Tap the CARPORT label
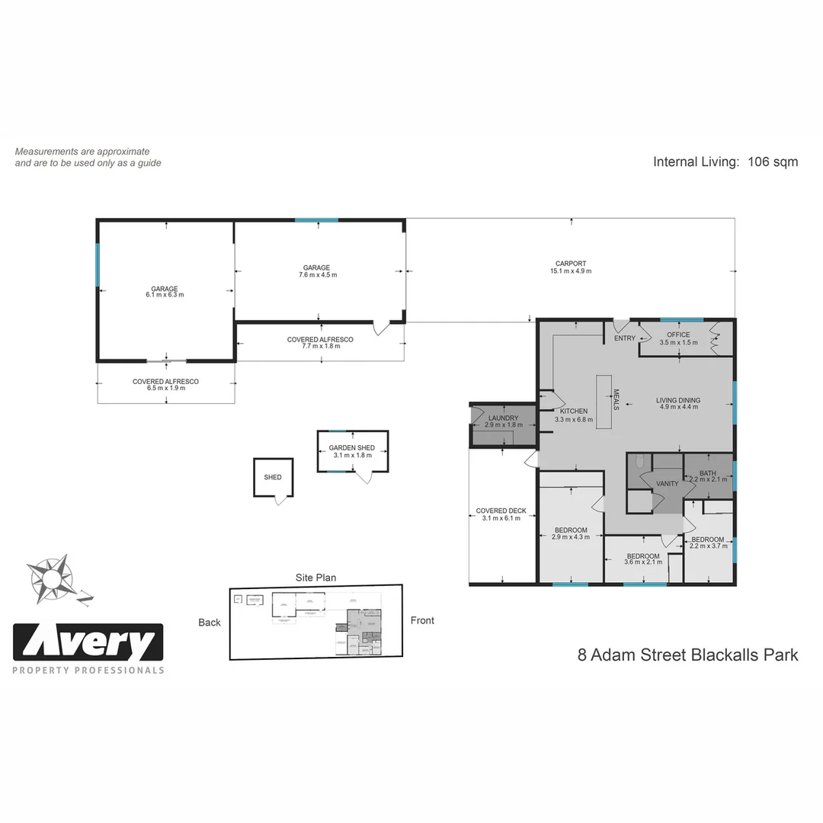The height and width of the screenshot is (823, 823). point(570,264)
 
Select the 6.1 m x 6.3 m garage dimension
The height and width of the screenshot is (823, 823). point(165,295)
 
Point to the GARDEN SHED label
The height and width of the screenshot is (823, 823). point(352,448)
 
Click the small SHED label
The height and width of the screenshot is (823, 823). point(273,478)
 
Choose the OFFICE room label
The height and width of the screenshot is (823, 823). point(678,335)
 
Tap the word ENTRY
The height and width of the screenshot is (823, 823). point(625,338)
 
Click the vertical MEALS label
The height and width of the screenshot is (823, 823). point(616,400)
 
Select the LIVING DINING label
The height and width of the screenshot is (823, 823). point(678,400)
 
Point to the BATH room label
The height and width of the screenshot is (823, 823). point(708,473)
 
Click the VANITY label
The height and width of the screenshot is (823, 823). point(667,484)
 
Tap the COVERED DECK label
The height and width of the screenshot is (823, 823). point(501,511)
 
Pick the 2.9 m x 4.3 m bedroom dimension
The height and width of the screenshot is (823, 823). point(570,537)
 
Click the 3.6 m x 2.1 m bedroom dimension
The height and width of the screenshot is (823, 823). point(642,562)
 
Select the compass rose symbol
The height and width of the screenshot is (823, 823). point(51,578)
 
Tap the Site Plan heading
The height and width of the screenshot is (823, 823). point(315,578)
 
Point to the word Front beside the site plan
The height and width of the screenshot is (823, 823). point(422,620)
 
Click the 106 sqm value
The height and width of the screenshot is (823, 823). point(773,162)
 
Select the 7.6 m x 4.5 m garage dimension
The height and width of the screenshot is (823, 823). point(316,275)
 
